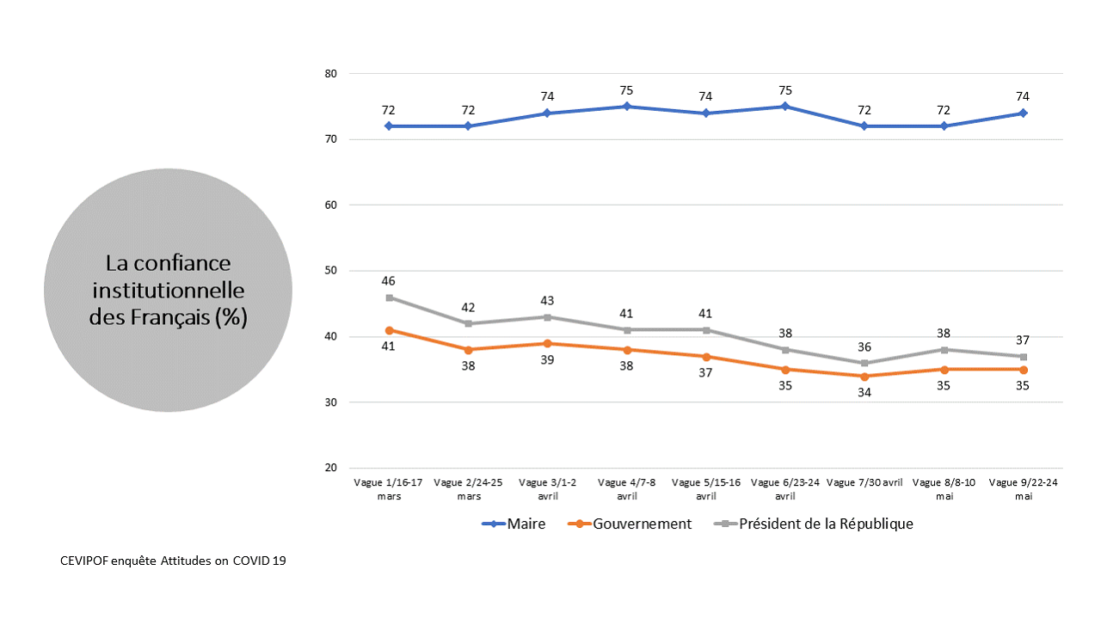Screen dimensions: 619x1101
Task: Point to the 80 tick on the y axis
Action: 330,74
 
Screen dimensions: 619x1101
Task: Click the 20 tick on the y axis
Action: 330,469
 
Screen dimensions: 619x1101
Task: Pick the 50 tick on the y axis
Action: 330,271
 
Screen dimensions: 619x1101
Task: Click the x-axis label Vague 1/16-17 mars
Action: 389,488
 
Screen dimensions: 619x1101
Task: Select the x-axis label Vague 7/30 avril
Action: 864,483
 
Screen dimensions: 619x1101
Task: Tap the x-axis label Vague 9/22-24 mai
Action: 1024,488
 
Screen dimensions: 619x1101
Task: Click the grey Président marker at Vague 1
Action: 389,297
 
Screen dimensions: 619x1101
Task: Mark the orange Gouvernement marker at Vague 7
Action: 864,376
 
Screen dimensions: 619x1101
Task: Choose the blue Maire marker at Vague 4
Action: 627,107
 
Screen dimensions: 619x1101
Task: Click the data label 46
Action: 389,281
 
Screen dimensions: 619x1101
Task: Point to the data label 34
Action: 864,392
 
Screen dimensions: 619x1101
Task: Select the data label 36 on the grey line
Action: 864,346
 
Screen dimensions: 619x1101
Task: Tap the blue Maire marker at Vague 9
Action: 1024,113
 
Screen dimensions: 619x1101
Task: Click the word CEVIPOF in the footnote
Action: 86,561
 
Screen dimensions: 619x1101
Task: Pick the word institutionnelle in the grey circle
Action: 169,290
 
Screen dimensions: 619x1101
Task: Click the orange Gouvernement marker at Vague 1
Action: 389,330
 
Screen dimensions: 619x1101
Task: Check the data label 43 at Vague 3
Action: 547,301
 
